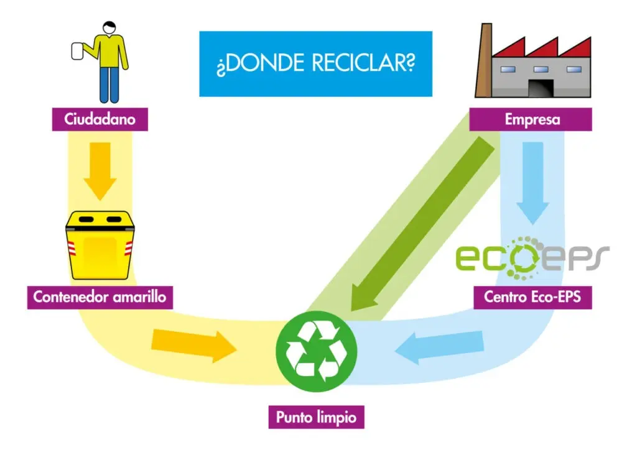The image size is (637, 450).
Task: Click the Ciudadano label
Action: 100,119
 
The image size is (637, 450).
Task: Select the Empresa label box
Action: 531,119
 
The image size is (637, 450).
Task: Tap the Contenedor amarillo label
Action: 100,298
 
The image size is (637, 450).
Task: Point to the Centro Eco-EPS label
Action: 532,298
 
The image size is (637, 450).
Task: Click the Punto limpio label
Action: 317,417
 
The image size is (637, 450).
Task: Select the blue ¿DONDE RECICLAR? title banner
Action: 315,63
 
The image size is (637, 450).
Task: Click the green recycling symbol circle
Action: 317,351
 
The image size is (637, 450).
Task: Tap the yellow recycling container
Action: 100,245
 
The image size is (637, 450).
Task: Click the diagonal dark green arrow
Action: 422,224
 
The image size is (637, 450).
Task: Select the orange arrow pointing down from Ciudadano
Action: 100,171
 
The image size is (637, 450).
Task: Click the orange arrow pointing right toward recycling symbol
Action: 194,346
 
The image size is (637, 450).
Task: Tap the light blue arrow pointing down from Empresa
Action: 532,183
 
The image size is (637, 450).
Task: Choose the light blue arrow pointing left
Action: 439,347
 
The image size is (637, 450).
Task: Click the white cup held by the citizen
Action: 77,51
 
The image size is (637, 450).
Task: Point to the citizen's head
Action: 109,27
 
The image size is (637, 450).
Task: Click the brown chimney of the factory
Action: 484,60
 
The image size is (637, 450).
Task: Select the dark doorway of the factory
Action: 541,88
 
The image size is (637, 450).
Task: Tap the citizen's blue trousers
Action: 109,85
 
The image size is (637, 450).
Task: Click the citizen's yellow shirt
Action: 109,52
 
